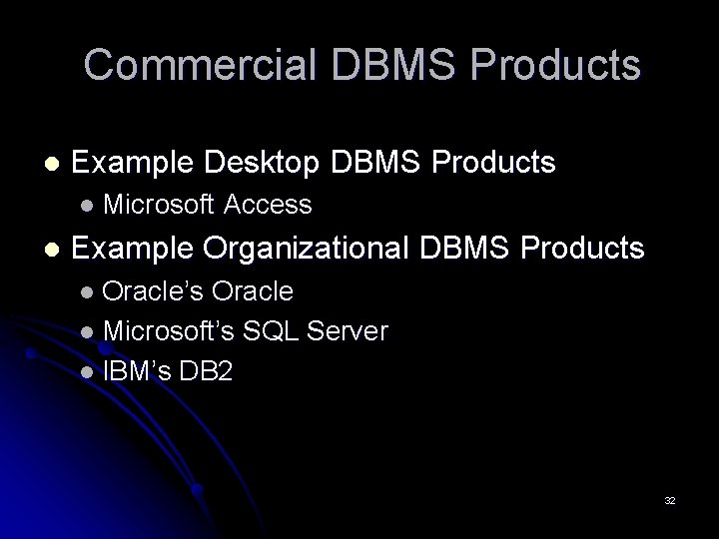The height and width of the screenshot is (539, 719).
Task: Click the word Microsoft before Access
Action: coord(158,206)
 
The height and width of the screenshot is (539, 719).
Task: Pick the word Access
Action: coord(269,206)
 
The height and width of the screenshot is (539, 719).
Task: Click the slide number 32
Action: coord(670,500)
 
